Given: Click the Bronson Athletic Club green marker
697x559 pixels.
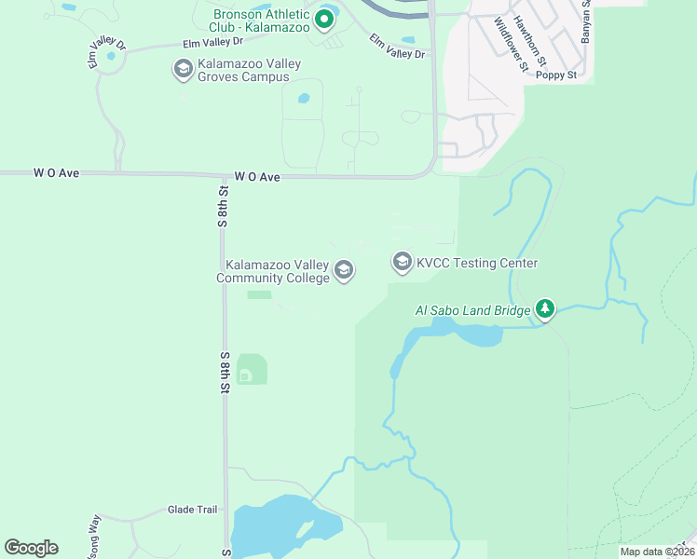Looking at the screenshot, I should click(325, 19).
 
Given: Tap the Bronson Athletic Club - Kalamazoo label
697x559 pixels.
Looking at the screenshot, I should click(261, 20).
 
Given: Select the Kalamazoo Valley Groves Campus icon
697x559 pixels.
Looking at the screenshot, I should click(183, 69).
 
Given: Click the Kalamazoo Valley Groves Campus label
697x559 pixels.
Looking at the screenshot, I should click(243, 70).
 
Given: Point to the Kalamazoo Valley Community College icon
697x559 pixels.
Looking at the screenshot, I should click(344, 271).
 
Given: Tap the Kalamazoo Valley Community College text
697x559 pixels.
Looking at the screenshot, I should click(273, 271).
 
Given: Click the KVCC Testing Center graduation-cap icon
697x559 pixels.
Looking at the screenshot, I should click(403, 263).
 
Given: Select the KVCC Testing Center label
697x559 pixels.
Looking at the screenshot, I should click(477, 264).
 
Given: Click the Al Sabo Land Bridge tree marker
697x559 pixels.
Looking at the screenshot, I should click(545, 308).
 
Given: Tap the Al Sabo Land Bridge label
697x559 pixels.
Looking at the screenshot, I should click(472, 309).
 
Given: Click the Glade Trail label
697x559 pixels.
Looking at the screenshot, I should click(192, 510).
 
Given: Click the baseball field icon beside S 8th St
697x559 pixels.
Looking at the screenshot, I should click(245, 375).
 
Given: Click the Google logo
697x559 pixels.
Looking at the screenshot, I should click(31, 548).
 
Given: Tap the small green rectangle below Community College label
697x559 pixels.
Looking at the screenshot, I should click(259, 295).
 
